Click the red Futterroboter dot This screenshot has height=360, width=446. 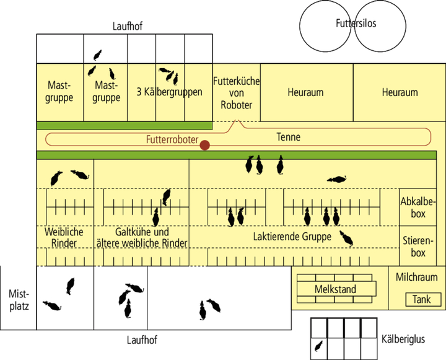[204, 145]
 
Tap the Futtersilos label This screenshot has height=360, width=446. [356, 24]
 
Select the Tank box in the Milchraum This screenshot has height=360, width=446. [422, 300]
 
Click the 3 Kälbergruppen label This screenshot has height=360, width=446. [169, 92]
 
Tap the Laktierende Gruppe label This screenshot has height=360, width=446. [292, 237]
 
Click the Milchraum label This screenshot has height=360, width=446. [417, 277]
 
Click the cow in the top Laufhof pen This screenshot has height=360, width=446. [98, 55]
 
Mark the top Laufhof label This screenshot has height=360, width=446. [128, 26]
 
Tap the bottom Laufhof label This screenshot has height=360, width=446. [141, 340]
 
